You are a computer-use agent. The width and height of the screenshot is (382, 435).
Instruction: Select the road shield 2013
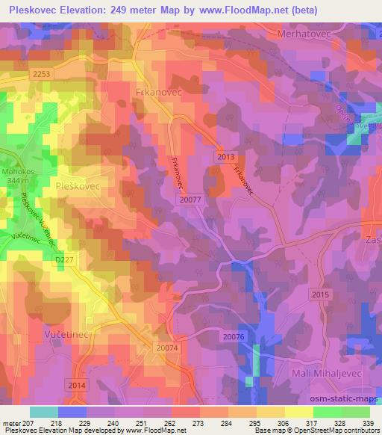(226, 156)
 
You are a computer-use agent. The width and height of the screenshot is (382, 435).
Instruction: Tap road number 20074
(169, 348)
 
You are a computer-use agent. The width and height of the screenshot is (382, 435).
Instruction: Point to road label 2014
(77, 385)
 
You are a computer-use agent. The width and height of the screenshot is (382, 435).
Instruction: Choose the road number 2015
(321, 295)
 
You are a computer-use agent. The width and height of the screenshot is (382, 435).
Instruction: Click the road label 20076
(234, 337)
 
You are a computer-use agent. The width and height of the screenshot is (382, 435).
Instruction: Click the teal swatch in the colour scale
(43, 413)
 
